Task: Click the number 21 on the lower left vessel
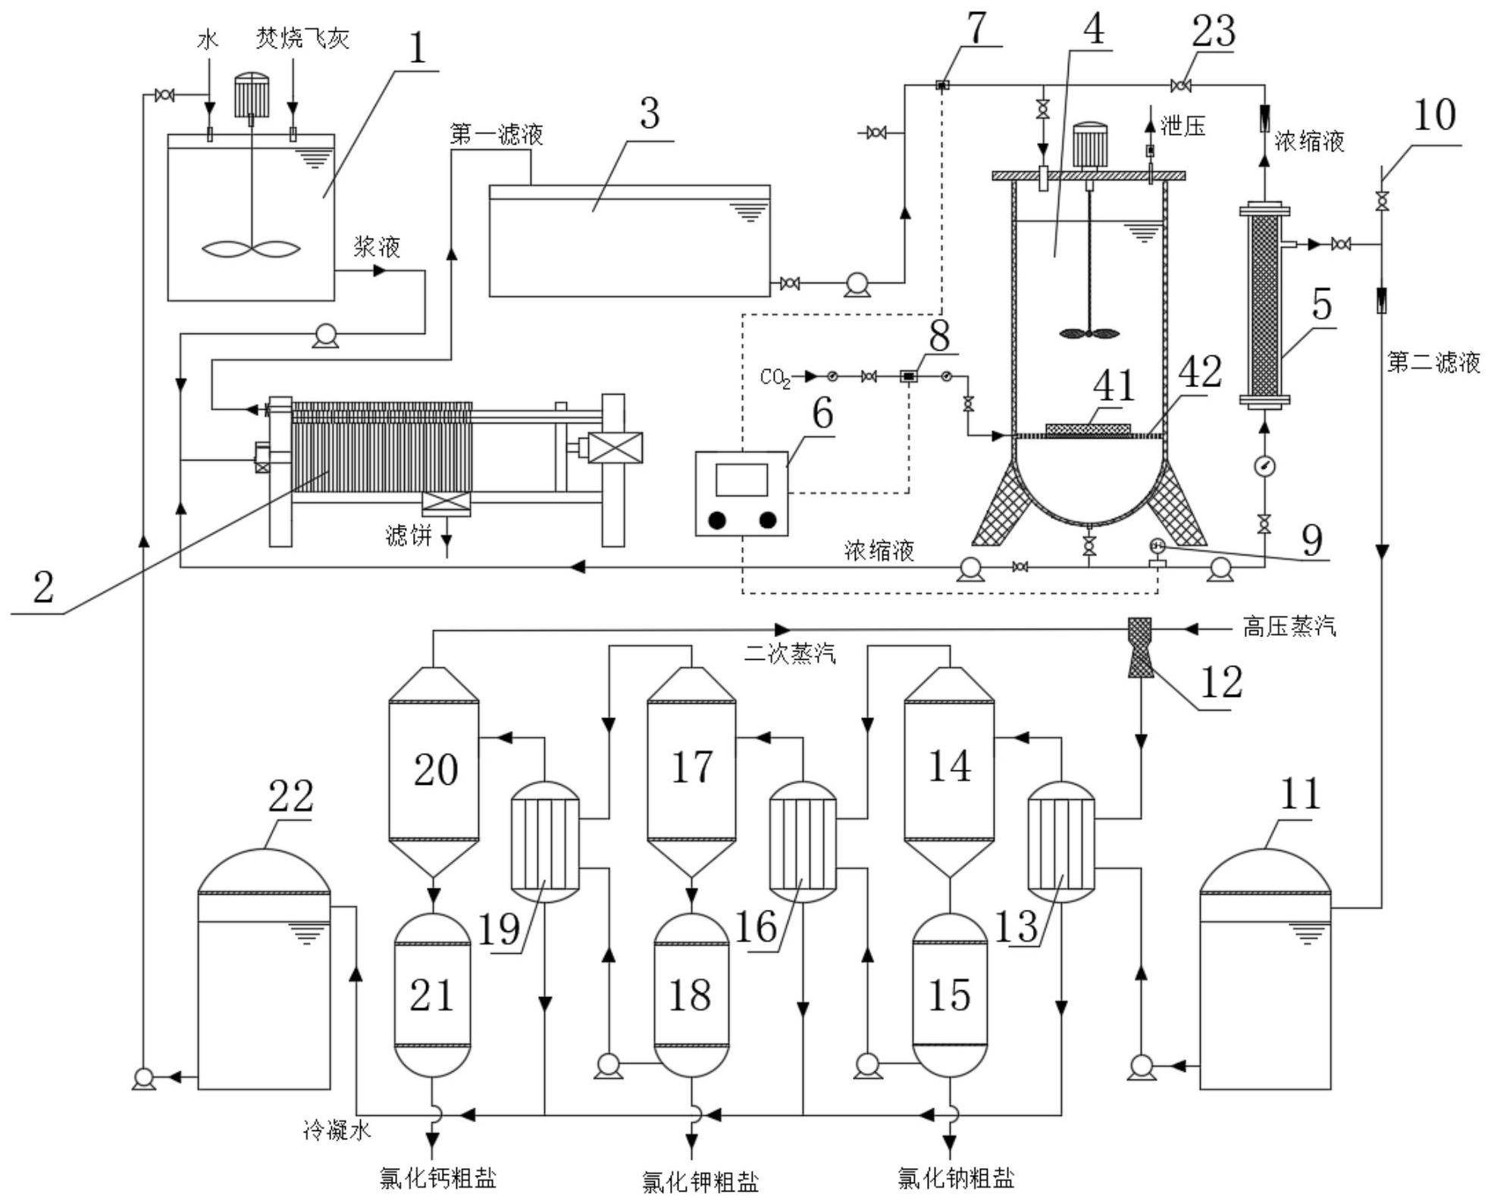click(432, 995)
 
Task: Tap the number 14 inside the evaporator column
click(949, 766)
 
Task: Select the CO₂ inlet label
click(775, 377)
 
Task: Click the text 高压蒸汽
click(1289, 627)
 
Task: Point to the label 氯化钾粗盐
click(700, 1182)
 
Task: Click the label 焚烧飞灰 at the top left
click(302, 38)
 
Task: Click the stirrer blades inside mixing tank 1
click(252, 248)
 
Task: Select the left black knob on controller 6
click(718, 520)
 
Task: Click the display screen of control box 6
click(741, 480)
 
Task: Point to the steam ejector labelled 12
click(1139, 648)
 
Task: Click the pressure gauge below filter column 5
click(1264, 467)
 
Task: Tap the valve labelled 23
click(1180, 86)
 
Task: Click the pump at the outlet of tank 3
click(857, 285)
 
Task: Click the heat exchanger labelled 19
click(545, 842)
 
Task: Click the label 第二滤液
click(1433, 362)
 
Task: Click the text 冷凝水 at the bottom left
click(337, 1131)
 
